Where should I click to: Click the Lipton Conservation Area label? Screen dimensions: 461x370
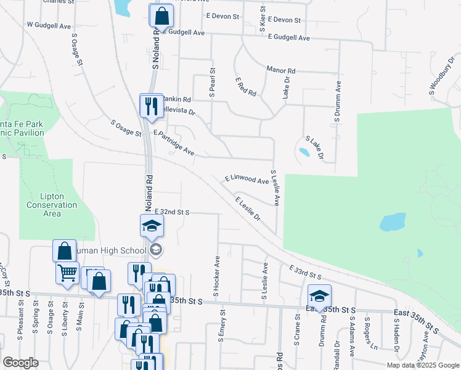point(52,205)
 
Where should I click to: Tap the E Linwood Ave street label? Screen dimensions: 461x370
point(247,179)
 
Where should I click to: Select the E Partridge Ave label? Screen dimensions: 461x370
point(174,142)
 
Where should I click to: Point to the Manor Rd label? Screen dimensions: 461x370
point(281,70)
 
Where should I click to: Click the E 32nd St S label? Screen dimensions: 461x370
point(172,212)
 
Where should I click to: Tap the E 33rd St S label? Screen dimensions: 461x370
point(306,271)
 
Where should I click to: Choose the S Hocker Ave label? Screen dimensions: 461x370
point(217,277)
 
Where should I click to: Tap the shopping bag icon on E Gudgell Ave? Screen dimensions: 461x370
point(161,17)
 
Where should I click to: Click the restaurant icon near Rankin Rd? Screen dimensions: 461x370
point(151,105)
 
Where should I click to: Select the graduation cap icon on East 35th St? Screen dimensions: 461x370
point(319,295)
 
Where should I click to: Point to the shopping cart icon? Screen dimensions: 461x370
point(67,272)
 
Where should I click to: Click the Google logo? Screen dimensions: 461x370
point(20,363)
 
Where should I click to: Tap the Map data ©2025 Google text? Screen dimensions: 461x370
point(422,365)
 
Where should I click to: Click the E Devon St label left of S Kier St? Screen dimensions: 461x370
point(222,16)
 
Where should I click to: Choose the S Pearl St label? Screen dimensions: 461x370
point(212,83)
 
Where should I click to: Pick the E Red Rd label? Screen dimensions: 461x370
point(245,87)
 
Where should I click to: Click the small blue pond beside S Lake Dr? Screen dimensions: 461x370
point(304,151)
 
